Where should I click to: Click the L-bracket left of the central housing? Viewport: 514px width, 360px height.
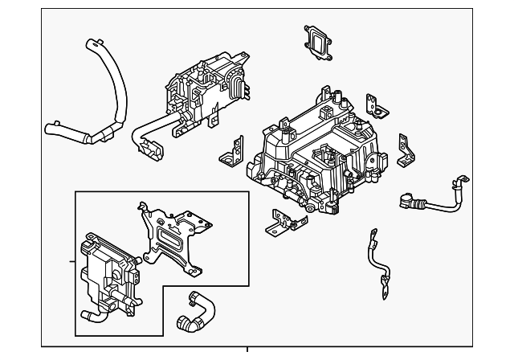pos(235,153)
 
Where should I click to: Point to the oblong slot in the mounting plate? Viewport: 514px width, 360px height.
pos(169,238)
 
